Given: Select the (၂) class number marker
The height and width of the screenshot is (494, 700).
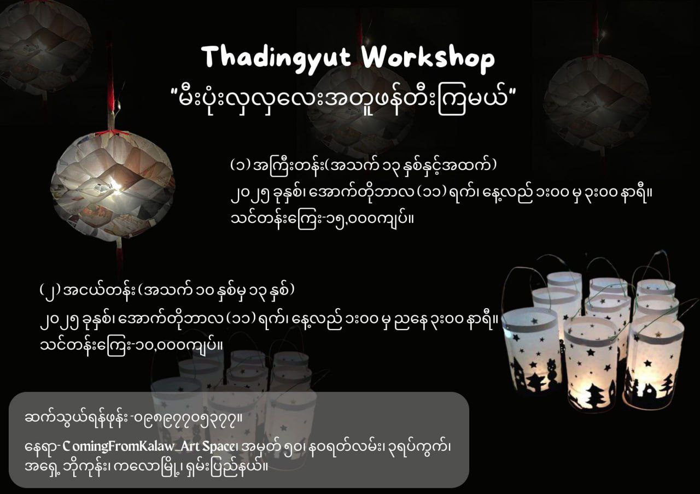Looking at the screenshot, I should [x=48, y=289].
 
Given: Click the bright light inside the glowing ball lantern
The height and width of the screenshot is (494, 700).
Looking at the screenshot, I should [x=116, y=186].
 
